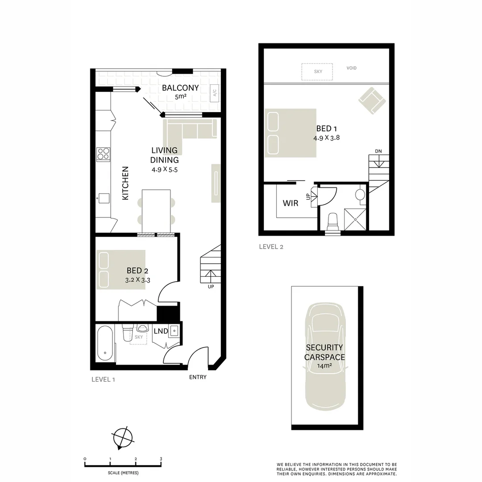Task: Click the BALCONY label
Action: pos(180,87)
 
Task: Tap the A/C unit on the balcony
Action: pos(214,93)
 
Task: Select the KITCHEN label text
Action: pos(125,183)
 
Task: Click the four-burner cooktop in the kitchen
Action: pos(103,154)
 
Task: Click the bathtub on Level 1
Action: pos(105,343)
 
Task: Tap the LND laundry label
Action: pos(161,331)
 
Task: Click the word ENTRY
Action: pos(198,377)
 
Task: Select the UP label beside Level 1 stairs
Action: pos(211,287)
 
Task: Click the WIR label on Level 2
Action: pos(291,203)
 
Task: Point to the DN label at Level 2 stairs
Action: pos(378,151)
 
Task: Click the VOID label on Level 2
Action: pos(352,68)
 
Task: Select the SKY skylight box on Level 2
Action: pos(317,71)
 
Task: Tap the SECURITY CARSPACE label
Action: pos(324,352)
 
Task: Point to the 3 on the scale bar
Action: pos(161,459)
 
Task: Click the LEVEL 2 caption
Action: pos(271,247)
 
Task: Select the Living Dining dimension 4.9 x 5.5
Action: pos(165,169)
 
